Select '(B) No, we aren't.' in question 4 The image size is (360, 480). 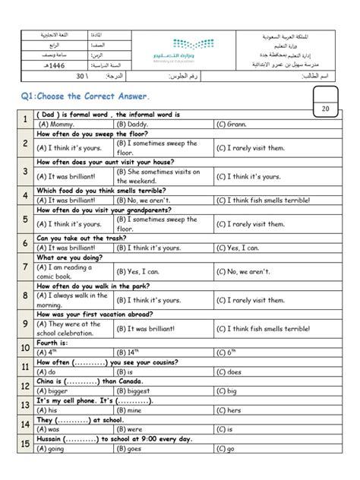pyautogui.click(x=144, y=201)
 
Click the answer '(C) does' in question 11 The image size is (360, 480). pyautogui.click(x=229, y=373)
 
